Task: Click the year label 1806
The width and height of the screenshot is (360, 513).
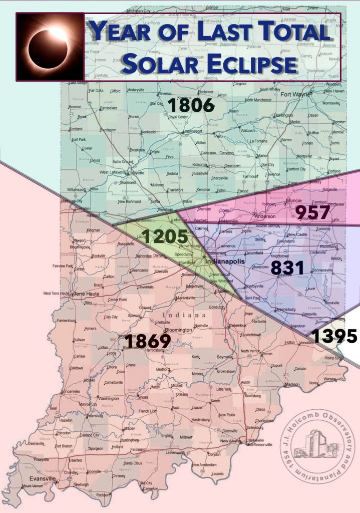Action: pyautogui.click(x=191, y=106)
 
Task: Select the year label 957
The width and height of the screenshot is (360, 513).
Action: pyautogui.click(x=313, y=212)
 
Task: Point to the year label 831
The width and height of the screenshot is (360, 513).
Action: pyautogui.click(x=287, y=268)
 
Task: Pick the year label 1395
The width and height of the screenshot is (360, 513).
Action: pyautogui.click(x=334, y=336)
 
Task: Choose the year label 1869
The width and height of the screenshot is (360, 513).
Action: pyautogui.click(x=148, y=341)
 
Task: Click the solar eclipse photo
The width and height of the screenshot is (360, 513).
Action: pyautogui.click(x=50, y=47)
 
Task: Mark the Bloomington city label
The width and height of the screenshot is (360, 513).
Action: pyautogui.click(x=164, y=330)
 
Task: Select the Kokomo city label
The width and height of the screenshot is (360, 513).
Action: pyautogui.click(x=200, y=165)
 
